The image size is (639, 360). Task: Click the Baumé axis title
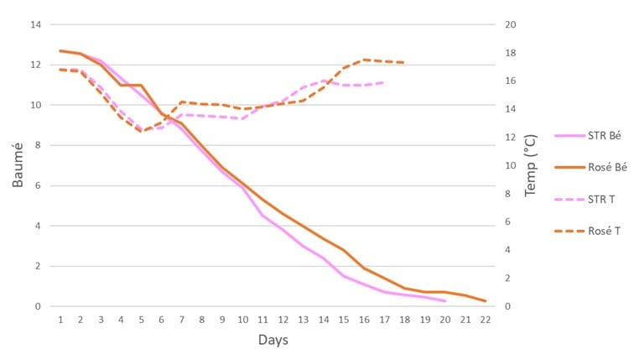(18, 165)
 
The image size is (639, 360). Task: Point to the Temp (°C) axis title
(531, 165)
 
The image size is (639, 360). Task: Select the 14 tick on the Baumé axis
(35, 24)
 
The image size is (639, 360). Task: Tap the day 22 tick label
(486, 320)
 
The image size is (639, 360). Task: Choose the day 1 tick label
(60, 320)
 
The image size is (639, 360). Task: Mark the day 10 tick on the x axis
(242, 320)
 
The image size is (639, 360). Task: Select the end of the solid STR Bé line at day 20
(445, 300)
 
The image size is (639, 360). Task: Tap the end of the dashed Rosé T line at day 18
(404, 63)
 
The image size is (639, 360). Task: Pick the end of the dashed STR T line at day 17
(384, 82)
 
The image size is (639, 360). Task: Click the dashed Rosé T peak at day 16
(364, 60)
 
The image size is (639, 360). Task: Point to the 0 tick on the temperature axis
(511, 306)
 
